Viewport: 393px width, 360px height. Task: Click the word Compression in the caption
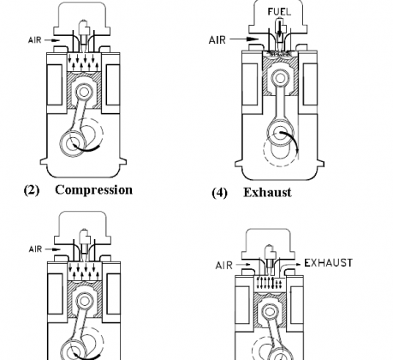pyautogui.click(x=93, y=190)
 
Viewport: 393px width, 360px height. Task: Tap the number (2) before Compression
pyautogui.click(x=32, y=190)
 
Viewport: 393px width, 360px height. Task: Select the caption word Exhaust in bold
pyautogui.click(x=267, y=193)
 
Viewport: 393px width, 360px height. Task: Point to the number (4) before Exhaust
pyautogui.click(x=219, y=193)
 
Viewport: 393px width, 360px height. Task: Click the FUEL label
pyautogui.click(x=279, y=12)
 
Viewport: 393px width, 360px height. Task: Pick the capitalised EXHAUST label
pyautogui.click(x=329, y=263)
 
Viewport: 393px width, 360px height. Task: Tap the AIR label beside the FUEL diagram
pyautogui.click(x=217, y=39)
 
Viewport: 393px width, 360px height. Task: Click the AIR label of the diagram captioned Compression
pyautogui.click(x=35, y=40)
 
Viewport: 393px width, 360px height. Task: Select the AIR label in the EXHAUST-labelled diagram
pyautogui.click(x=224, y=266)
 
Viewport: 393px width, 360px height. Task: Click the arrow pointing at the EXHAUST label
pyautogui.click(x=289, y=267)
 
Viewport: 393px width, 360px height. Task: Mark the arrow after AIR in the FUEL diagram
pyautogui.click(x=244, y=39)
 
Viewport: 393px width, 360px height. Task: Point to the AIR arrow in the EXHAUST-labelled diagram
pyautogui.click(x=244, y=265)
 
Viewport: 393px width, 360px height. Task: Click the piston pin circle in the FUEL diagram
pyautogui.click(x=280, y=78)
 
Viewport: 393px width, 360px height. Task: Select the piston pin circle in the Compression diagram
pyautogui.click(x=84, y=92)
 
